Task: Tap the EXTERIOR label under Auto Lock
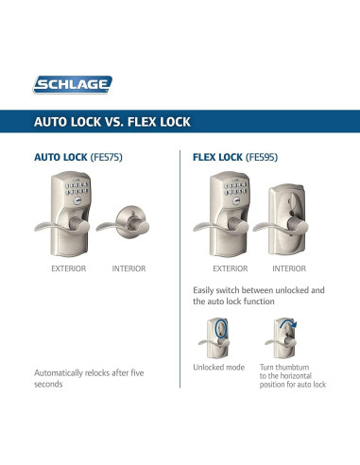point(68,269)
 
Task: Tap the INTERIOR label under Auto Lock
point(129,269)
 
